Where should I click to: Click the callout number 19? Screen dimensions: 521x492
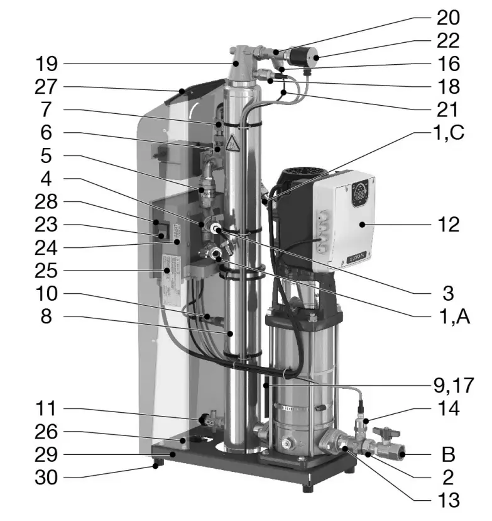(x=46, y=64)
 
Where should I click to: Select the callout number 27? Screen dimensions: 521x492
(x=46, y=87)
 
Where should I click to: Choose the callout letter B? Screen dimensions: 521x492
(x=447, y=453)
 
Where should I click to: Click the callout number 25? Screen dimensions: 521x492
(x=46, y=271)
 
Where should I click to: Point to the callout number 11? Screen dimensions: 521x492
(x=46, y=409)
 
